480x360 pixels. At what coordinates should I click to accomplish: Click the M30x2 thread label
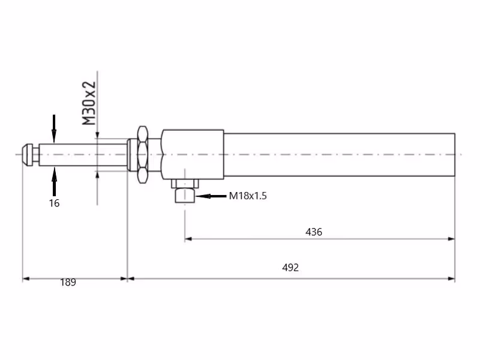(89, 103)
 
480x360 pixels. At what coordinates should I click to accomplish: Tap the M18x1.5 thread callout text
(248, 196)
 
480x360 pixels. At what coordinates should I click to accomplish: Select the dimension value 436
(314, 232)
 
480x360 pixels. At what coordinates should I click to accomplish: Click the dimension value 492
(290, 268)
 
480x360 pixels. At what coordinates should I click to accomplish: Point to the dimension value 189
(68, 282)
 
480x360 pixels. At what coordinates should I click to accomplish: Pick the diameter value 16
(54, 203)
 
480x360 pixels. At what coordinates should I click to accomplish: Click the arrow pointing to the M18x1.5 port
(211, 196)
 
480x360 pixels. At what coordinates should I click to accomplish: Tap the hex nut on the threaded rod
(142, 155)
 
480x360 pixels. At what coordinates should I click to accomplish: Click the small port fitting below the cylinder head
(185, 196)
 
